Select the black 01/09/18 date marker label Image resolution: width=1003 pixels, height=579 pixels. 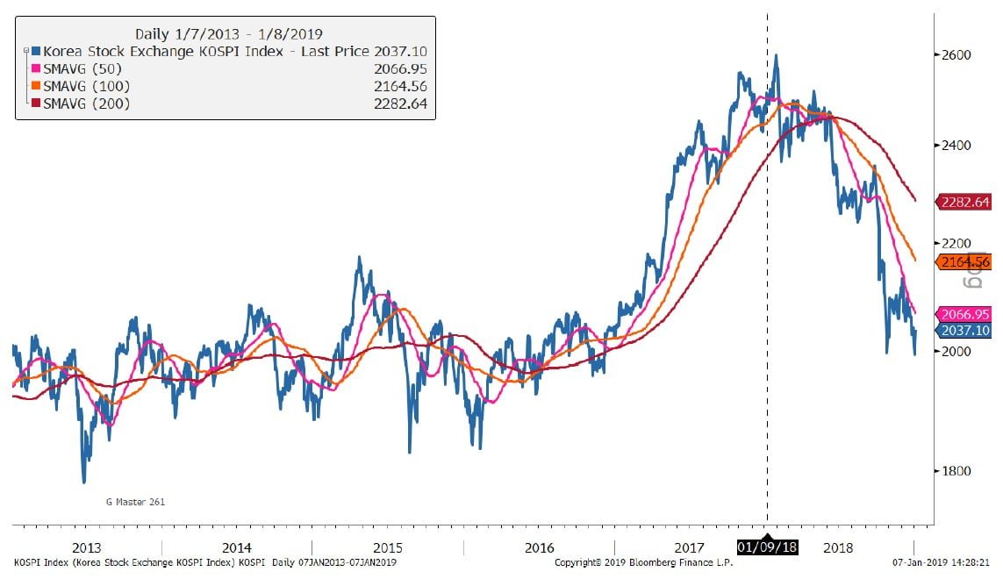[767, 547]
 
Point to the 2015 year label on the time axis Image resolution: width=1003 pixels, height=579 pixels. [387, 547]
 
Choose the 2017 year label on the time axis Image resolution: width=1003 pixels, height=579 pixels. [689, 547]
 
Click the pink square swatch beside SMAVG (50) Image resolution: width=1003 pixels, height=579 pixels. [36, 69]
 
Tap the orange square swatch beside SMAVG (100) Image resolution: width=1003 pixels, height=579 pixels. [36, 86]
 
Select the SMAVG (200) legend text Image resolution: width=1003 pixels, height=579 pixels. [87, 104]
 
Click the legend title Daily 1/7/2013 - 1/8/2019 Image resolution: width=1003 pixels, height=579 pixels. [225, 34]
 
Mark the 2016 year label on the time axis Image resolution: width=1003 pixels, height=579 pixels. [539, 547]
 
